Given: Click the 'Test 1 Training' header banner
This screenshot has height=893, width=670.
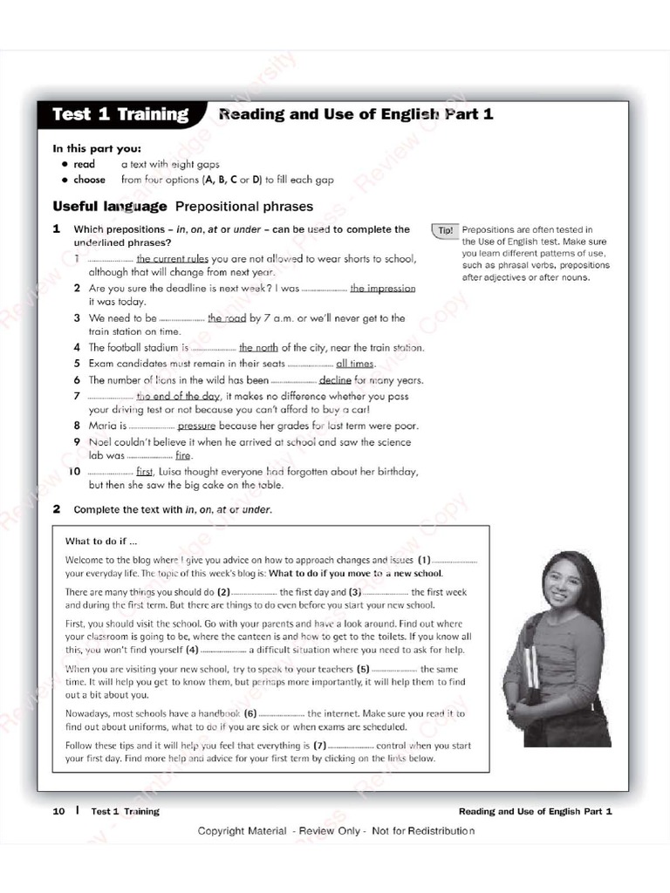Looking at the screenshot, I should coord(120,114).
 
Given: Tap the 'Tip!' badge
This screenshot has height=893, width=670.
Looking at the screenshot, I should coord(445,230).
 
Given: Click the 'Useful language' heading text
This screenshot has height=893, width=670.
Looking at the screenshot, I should coord(110,207).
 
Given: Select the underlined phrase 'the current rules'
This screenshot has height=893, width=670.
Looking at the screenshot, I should coord(172,259).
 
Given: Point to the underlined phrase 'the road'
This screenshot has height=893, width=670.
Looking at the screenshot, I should coord(227,318).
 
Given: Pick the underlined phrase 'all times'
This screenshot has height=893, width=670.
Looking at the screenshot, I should coord(355,364).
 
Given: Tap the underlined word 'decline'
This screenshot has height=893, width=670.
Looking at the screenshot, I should coord(335,380).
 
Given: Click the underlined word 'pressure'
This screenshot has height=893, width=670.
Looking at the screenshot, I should coord(196,426).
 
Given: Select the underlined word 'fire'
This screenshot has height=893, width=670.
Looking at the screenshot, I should coord(183,455).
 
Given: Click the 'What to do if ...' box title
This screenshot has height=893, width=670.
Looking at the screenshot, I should coord(101,541).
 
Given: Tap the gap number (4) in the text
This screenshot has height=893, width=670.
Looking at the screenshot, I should coord(192,650).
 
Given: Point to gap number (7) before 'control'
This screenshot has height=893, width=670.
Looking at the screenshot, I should coord(319,746).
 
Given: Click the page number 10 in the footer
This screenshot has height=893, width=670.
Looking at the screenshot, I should coord(59,811).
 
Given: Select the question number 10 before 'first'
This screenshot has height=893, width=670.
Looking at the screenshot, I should coord(75,472).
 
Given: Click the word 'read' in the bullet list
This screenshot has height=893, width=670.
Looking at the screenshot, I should coord(85,164).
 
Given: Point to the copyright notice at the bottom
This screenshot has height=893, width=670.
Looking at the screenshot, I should coord(336,830).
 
